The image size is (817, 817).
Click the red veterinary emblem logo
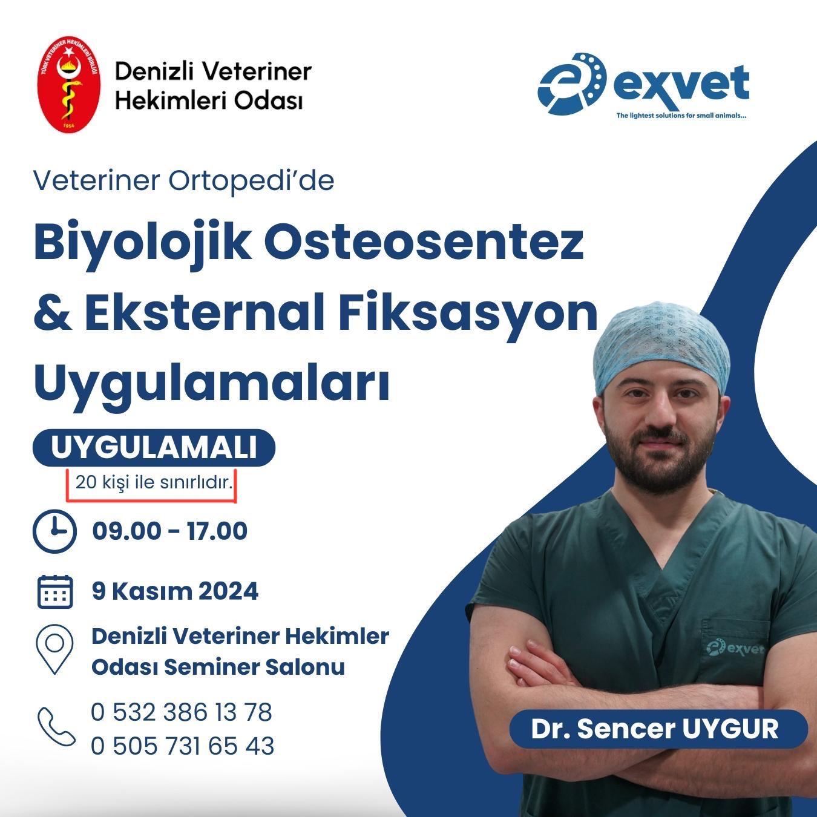[x=69, y=84]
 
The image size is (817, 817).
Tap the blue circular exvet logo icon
[x=572, y=84]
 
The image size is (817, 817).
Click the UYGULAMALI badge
[x=154, y=448]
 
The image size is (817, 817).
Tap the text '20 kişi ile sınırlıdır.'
[x=154, y=482]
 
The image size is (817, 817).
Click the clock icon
[x=54, y=531]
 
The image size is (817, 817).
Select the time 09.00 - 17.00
[x=170, y=531]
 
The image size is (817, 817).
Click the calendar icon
[x=55, y=591]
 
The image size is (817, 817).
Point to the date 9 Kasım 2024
[x=175, y=591]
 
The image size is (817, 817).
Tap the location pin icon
[x=54, y=649]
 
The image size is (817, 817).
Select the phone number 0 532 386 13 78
[x=182, y=712]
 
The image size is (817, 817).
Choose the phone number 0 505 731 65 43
[x=183, y=746]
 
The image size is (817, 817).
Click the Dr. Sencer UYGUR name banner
[x=658, y=729]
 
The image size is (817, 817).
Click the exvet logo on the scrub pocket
[x=735, y=648]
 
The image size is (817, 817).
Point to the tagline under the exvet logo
[x=681, y=116]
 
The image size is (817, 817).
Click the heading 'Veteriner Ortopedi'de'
[x=184, y=181]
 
